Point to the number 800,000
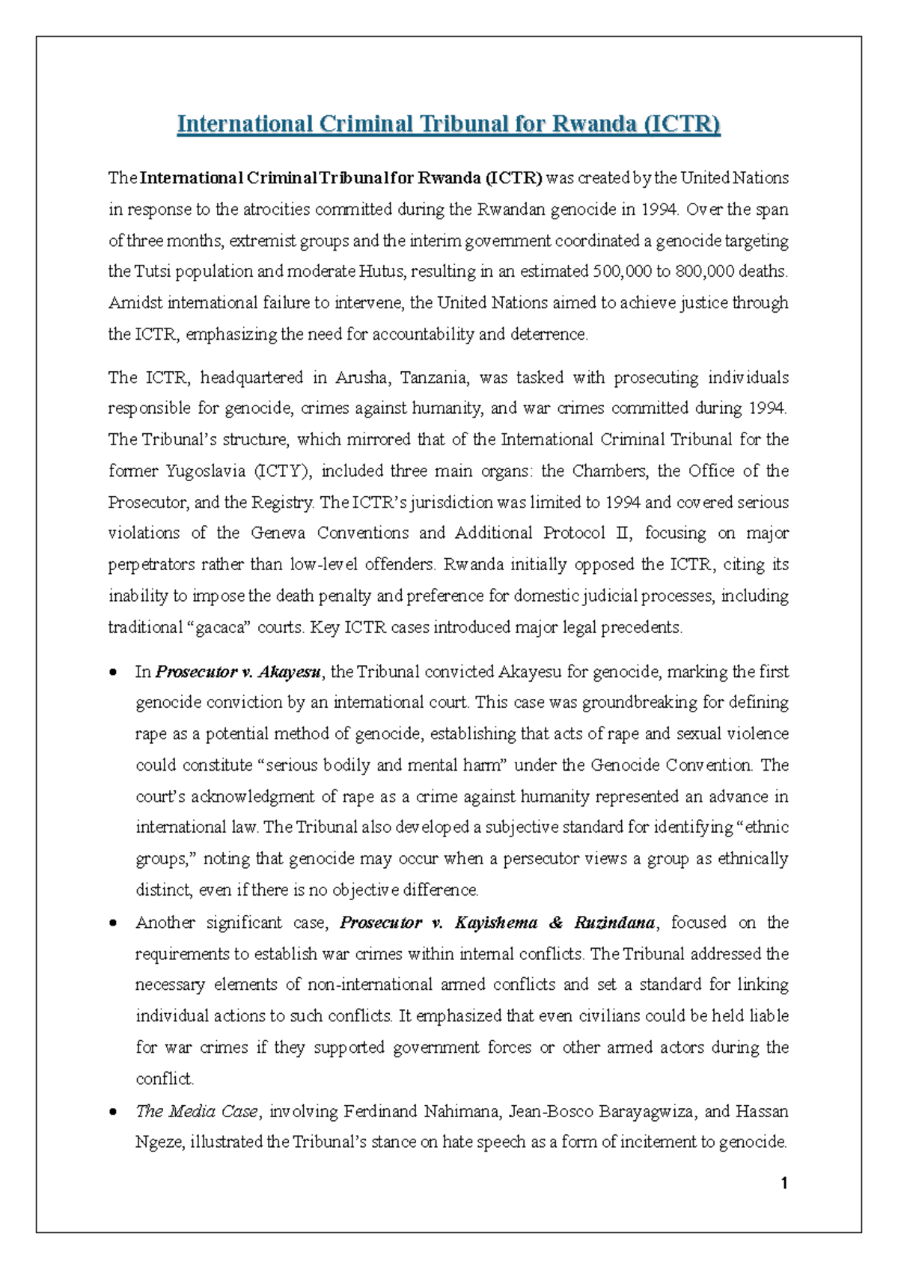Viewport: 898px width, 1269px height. pos(704,272)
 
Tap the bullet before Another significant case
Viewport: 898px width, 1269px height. pos(113,923)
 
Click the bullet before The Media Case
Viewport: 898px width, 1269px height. pos(113,1112)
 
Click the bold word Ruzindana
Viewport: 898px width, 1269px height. pos(614,923)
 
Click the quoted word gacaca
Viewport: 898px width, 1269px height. pos(220,628)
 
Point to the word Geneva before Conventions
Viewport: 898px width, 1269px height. pos(278,533)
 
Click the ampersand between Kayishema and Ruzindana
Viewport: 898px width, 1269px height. pos(556,923)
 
